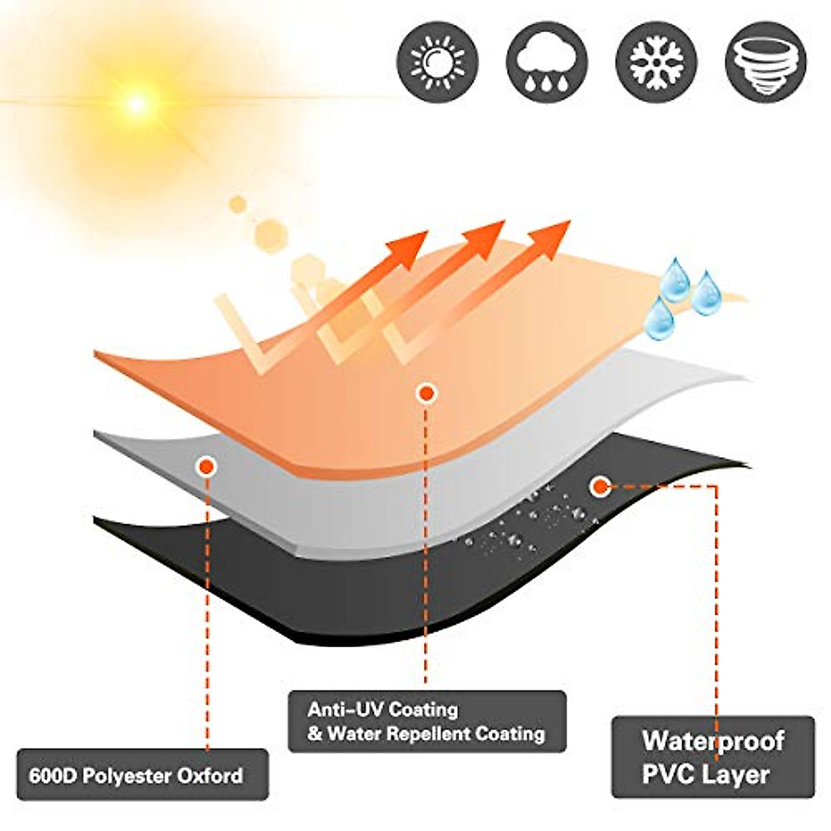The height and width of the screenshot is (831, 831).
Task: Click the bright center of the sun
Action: (136, 104)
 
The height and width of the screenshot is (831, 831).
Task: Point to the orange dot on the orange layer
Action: (427, 393)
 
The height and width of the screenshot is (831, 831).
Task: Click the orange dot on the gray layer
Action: (206, 467)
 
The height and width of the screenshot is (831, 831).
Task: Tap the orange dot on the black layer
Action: (598, 486)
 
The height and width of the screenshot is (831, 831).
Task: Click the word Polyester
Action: (126, 775)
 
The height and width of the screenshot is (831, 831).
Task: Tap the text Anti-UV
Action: (343, 710)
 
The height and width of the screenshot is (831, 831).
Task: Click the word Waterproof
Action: (713, 740)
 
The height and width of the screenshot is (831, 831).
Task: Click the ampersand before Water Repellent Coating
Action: (315, 733)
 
